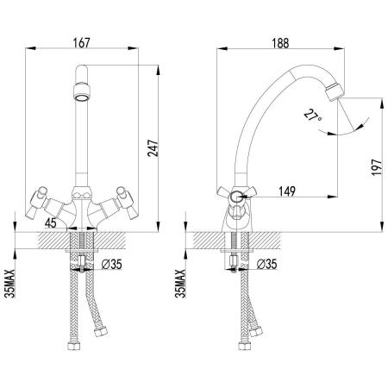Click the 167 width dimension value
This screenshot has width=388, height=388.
82,43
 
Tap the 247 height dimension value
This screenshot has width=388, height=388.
153,148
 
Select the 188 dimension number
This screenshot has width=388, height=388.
280,43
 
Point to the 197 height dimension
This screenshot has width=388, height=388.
377,167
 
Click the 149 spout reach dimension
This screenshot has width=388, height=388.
287,191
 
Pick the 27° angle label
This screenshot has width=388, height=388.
313,118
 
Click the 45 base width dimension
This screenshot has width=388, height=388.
51,222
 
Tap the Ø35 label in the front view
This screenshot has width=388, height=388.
112,264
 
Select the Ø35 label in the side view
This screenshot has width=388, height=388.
266,264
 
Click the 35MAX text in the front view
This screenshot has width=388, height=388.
10,284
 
